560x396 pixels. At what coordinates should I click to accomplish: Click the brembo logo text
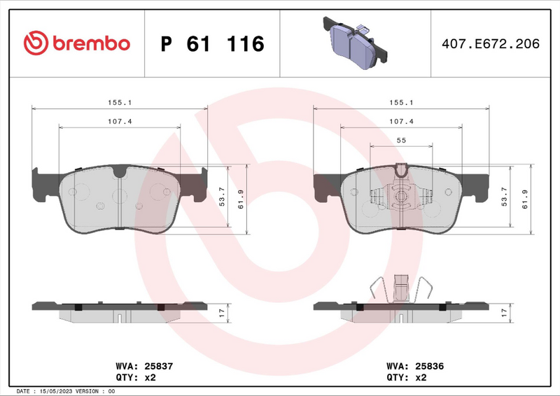click(x=89, y=43)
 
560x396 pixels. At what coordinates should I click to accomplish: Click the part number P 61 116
click(x=212, y=44)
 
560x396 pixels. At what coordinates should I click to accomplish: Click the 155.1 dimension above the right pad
click(x=401, y=102)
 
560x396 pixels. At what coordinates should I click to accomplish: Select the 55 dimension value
click(x=401, y=141)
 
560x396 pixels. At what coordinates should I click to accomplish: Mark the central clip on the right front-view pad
click(x=401, y=196)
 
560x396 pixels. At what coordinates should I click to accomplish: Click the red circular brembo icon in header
click(x=34, y=43)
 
